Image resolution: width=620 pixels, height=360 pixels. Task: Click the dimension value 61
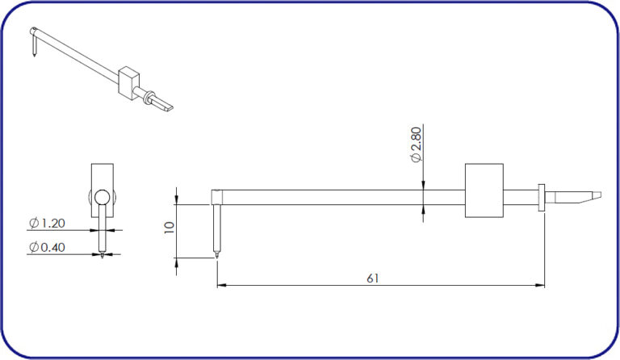pyautogui.click(x=372, y=278)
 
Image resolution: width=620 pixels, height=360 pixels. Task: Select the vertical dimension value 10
pyautogui.click(x=170, y=228)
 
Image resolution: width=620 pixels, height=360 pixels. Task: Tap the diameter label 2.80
pyautogui.click(x=416, y=144)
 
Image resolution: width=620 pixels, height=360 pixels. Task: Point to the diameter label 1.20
pyautogui.click(x=47, y=224)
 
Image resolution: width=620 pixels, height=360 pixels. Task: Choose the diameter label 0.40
pyautogui.click(x=47, y=247)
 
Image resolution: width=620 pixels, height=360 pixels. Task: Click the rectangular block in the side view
pyautogui.click(x=484, y=190)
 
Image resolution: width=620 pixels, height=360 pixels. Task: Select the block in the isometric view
pyautogui.click(x=128, y=82)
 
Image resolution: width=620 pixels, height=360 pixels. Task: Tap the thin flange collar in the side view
pyautogui.click(x=542, y=197)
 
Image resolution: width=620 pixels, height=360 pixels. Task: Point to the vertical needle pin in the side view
pyautogui.click(x=216, y=230)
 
